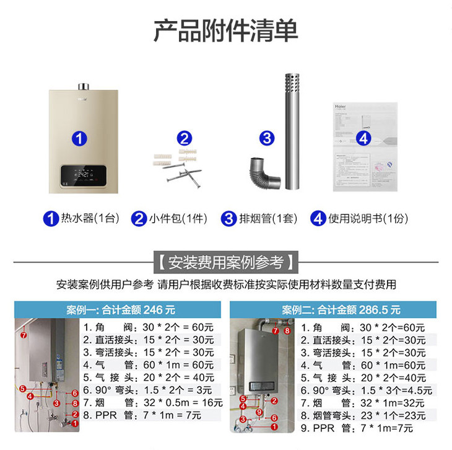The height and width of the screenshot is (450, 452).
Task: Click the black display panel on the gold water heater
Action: click(x=83, y=176)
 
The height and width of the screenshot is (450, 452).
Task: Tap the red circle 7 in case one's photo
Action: click(x=24, y=335)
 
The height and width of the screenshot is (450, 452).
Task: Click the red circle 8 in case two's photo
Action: click(x=287, y=331)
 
